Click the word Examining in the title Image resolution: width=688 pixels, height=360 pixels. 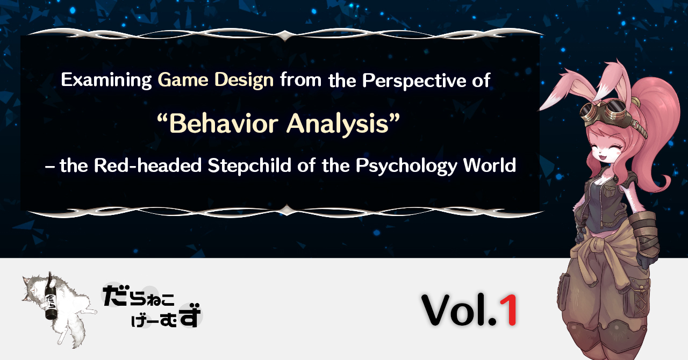pos(106,80)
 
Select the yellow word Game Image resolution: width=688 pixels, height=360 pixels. pos(183,80)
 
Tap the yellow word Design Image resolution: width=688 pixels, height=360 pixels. pos(244,80)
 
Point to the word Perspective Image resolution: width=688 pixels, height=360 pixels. pos(414,81)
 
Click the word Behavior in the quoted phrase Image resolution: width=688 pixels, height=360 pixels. pos(224,124)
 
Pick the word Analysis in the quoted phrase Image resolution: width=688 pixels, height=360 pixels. pos(338,124)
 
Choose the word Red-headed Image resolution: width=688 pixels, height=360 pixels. pos(147,165)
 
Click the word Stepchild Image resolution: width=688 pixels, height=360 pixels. pos(249,166)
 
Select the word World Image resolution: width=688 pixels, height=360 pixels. pos(490,165)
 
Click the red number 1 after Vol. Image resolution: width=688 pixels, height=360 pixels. pos(509,310)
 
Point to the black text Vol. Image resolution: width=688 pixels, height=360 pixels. pos(460,310)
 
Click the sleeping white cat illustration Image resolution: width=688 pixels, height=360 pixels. pos(59,309)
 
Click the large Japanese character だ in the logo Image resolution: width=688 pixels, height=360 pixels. pos(114,296)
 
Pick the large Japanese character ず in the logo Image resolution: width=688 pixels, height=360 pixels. pos(190,315)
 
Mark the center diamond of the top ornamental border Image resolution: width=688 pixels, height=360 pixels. pos(285,35)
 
